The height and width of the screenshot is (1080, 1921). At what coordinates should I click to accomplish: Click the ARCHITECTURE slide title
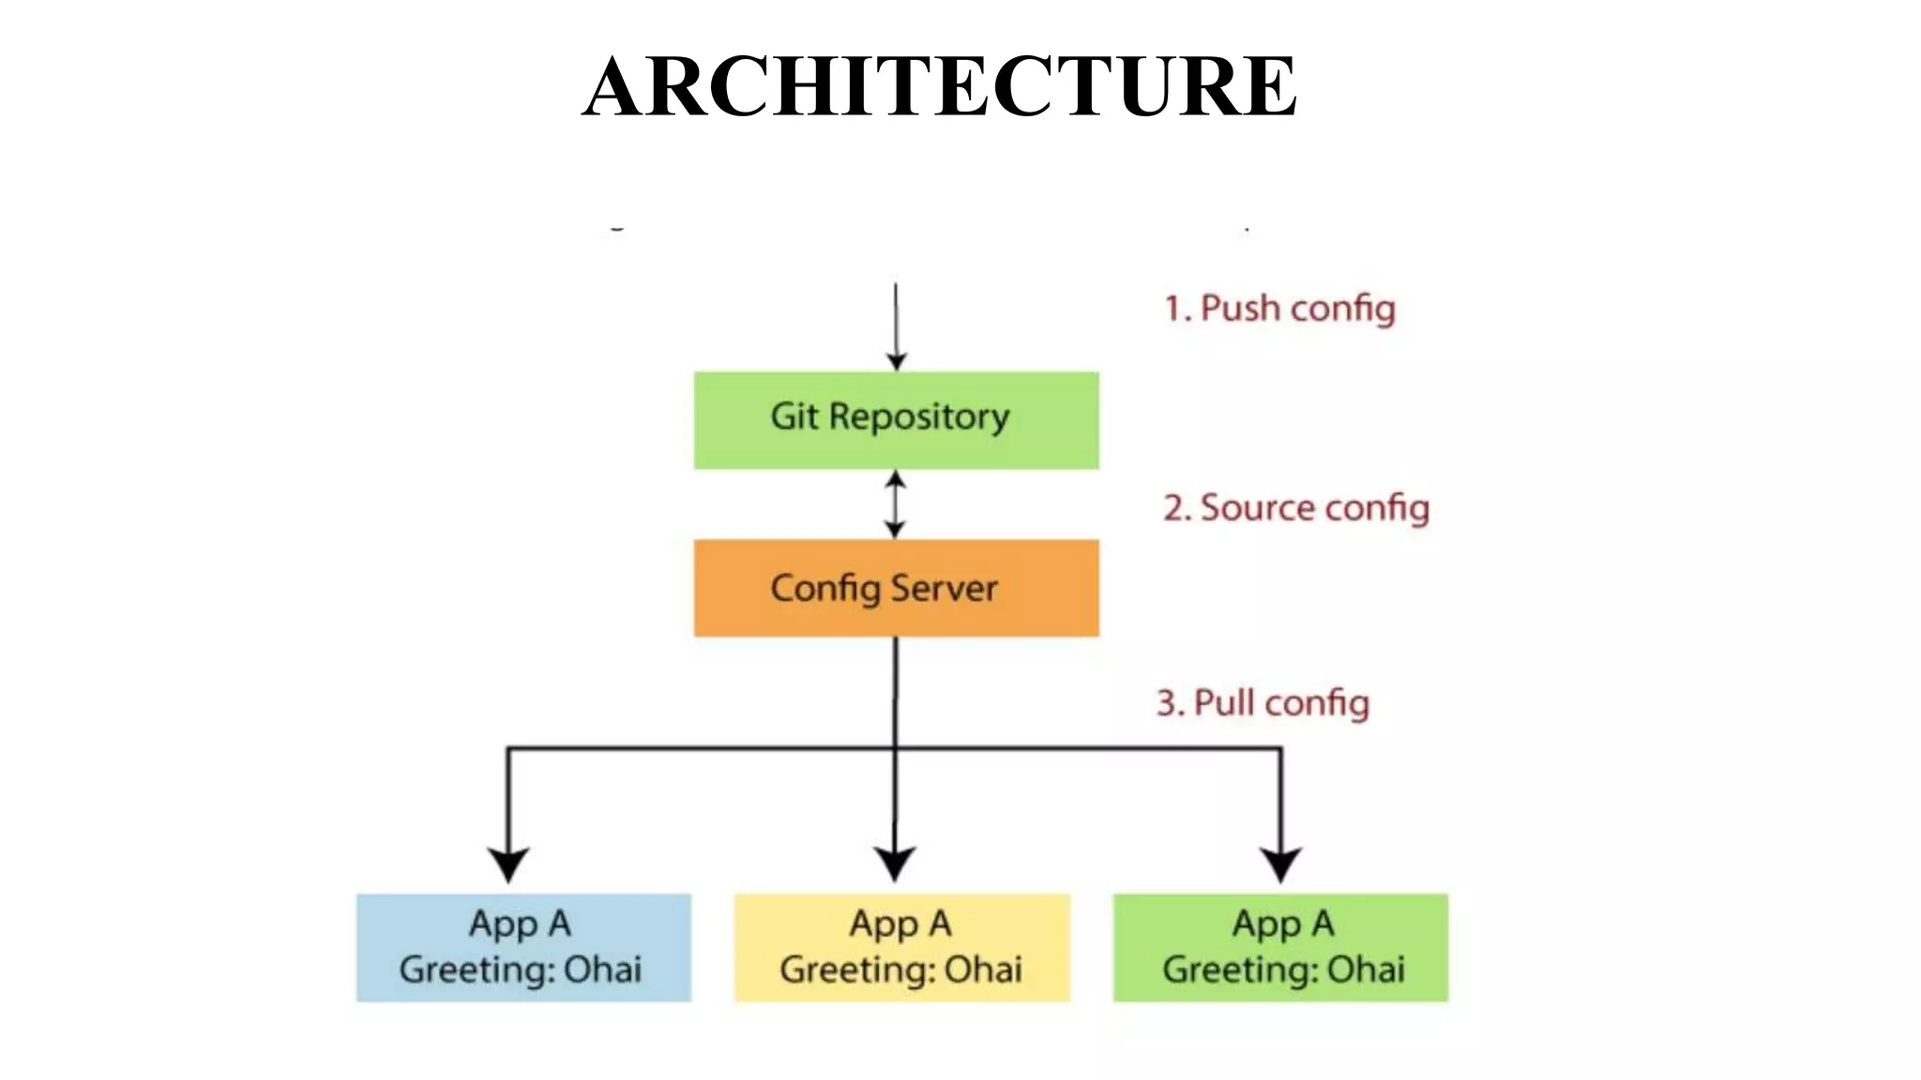(x=940, y=86)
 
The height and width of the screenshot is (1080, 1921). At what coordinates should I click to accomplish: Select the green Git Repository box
(x=896, y=421)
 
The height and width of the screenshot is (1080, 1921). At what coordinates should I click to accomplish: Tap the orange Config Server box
(x=896, y=588)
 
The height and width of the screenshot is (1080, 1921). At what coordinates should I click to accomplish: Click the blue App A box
(x=523, y=948)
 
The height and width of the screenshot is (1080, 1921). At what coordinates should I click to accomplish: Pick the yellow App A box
(x=901, y=948)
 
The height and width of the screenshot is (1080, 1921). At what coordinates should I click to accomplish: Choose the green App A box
(x=1280, y=948)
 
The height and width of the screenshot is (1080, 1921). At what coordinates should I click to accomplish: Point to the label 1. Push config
(x=1279, y=308)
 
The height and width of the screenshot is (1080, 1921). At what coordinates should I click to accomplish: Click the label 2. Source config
(x=1296, y=508)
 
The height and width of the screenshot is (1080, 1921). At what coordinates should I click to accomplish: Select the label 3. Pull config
(x=1263, y=703)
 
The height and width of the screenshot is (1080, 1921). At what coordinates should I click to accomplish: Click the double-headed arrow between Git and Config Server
(x=896, y=504)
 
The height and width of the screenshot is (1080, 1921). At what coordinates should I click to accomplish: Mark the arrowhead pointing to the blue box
(x=508, y=862)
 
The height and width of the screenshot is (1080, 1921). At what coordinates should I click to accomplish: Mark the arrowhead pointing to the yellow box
(x=895, y=862)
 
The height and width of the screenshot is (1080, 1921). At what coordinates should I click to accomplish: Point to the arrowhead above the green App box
(x=1280, y=862)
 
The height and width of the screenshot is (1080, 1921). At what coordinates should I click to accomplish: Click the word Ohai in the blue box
(x=602, y=969)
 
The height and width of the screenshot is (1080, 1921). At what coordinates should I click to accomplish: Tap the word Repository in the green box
(x=919, y=417)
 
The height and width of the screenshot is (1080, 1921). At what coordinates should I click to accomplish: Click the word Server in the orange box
(x=943, y=589)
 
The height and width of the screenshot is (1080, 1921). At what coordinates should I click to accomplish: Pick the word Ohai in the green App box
(x=1366, y=969)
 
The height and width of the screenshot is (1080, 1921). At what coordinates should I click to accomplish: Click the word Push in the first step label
(x=1240, y=308)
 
